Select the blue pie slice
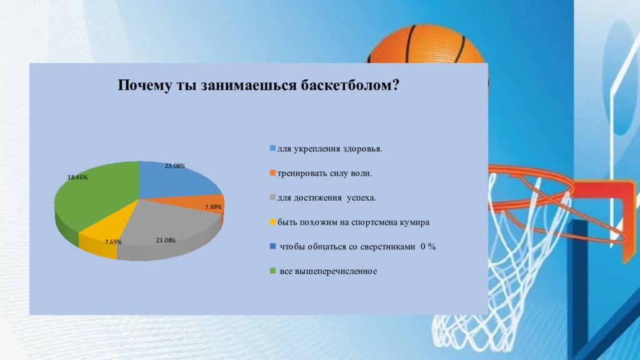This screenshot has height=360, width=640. click(176, 179)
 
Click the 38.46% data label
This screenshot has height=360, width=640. click(77, 177)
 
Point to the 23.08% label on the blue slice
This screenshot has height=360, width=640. click(175, 166)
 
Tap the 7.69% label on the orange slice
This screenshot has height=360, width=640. click(213, 207)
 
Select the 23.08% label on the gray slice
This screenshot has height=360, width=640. click(166, 241)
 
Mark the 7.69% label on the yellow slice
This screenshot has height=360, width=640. click(113, 242)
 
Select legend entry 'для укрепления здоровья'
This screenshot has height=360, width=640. click(330, 149)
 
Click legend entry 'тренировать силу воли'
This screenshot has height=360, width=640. click(324, 174)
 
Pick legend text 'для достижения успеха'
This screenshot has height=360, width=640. click(326, 198)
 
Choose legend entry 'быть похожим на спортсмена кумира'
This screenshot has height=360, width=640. click(354, 222)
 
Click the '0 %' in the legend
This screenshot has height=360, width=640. click(428, 246)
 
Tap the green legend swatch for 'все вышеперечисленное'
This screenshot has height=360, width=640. click(272, 271)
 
